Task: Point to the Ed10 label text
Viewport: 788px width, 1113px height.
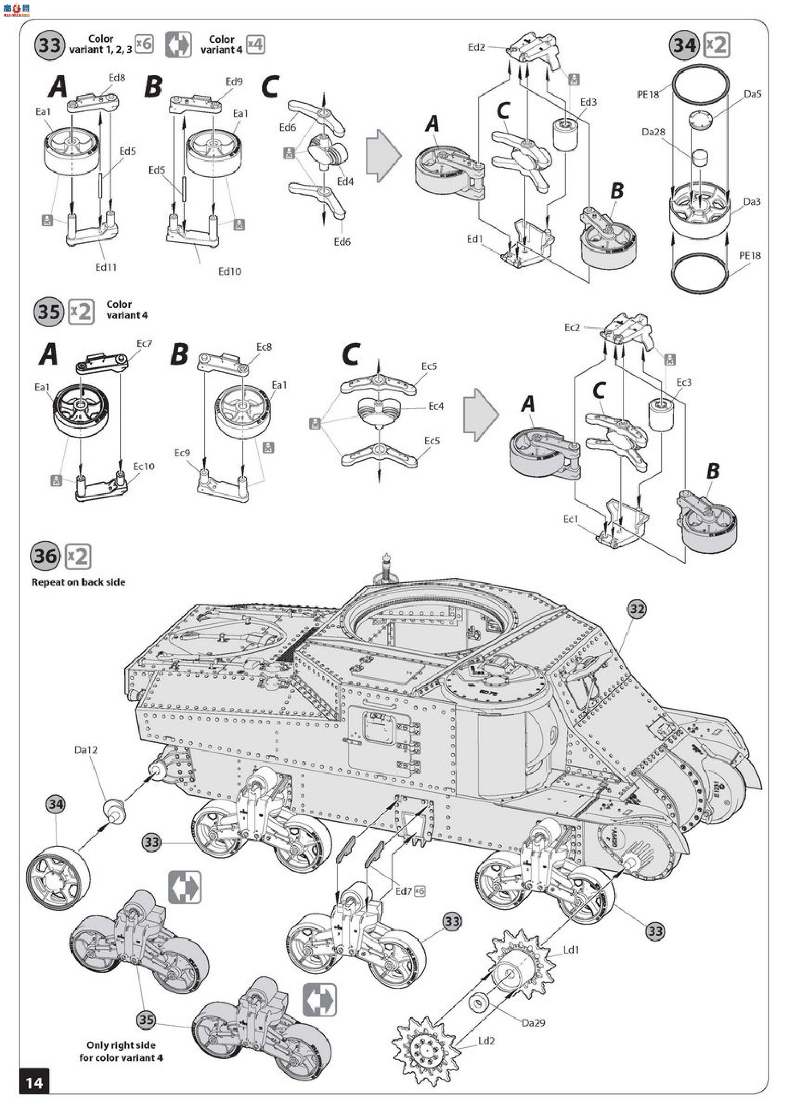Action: click(229, 272)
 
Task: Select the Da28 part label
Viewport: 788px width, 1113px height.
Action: click(653, 132)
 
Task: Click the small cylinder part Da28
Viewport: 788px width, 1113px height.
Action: click(699, 158)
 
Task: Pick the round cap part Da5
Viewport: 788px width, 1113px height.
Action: click(700, 119)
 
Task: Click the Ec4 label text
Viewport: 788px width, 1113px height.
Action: click(436, 406)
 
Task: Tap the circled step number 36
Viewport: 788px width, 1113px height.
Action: click(45, 556)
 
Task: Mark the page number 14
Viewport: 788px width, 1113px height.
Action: click(34, 1083)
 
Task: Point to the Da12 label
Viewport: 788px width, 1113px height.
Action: click(86, 750)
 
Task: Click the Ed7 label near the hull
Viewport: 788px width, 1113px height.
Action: click(403, 891)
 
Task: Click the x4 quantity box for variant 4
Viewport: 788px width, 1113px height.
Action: click(255, 45)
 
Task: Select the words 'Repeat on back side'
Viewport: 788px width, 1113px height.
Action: click(78, 582)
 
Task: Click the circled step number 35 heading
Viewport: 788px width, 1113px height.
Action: click(49, 312)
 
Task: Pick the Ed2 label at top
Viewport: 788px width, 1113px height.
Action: click(476, 47)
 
